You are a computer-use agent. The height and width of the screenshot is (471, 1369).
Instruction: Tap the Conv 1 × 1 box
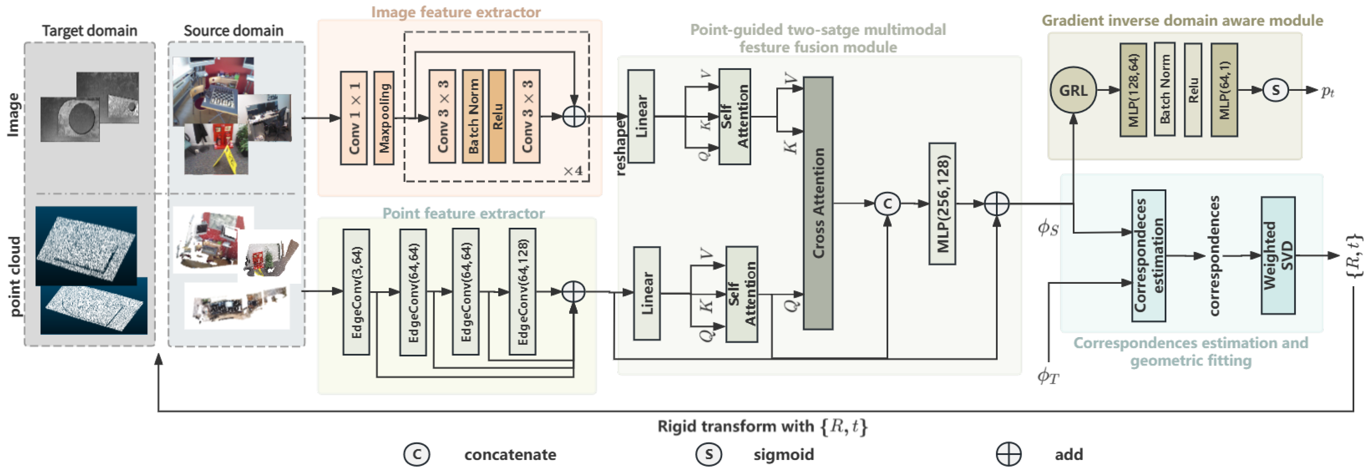[354, 118]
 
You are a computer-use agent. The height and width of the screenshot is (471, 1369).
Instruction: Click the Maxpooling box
[384, 118]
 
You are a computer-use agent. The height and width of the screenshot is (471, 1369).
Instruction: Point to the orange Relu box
[497, 117]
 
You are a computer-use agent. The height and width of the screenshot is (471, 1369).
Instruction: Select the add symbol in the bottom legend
[1008, 455]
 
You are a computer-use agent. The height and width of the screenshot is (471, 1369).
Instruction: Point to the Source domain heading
[233, 31]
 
